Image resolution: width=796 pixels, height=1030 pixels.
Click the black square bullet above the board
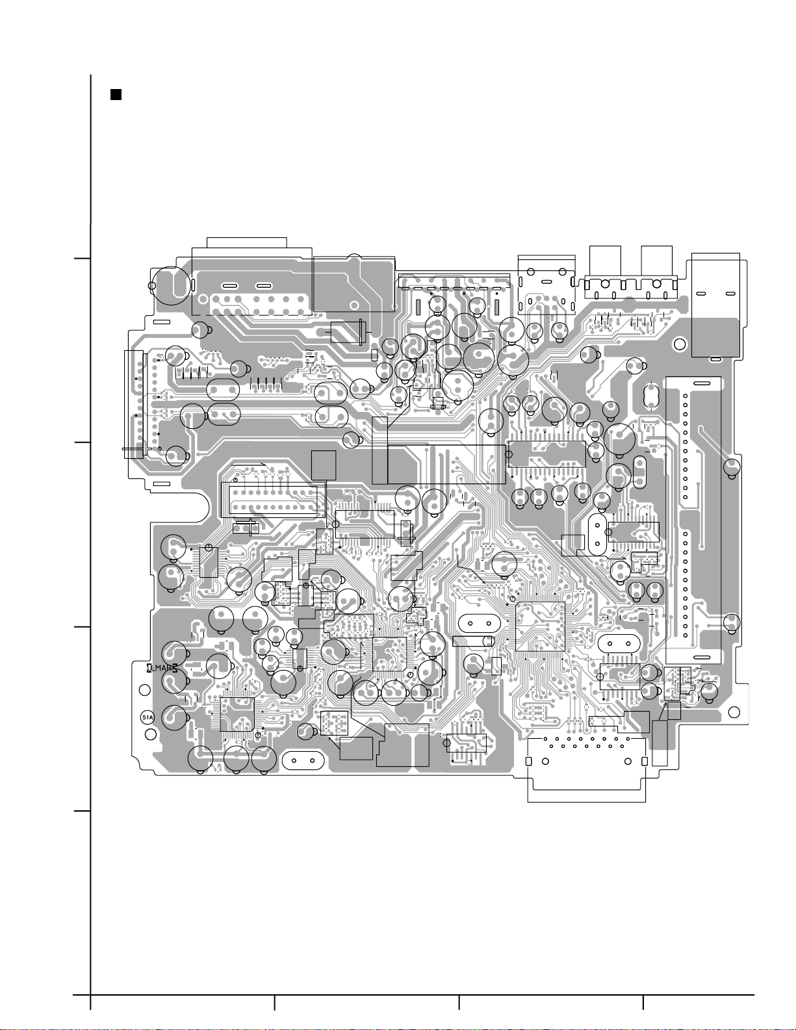coord(116,95)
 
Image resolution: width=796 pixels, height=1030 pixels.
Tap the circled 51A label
coord(148,717)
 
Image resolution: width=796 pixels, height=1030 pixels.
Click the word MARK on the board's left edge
coord(162,668)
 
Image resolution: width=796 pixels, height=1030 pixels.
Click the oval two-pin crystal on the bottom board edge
coord(303,760)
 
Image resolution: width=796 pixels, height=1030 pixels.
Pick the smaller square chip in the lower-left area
coord(237,714)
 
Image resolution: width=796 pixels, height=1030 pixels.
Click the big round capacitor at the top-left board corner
coord(172,285)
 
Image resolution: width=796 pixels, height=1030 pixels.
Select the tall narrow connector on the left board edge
coord(134,404)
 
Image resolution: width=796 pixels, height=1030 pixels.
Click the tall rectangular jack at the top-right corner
coord(715,304)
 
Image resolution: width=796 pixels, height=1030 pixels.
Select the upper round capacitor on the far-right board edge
coord(732,466)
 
